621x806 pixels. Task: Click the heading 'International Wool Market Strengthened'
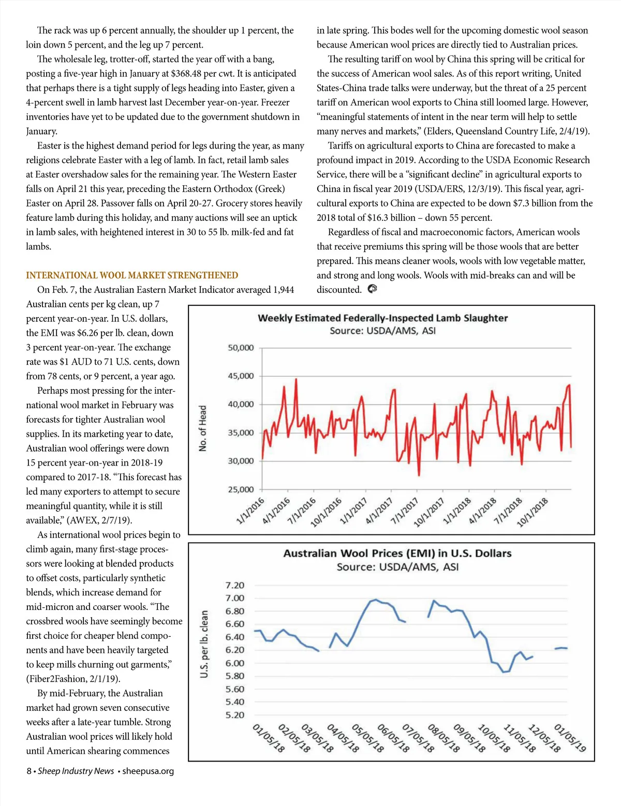tap(132, 275)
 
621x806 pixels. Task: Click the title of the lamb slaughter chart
tap(382, 318)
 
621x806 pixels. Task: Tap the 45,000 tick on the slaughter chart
tap(241, 376)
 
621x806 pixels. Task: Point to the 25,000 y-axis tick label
tap(241, 489)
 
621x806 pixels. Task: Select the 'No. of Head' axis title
tap(203, 428)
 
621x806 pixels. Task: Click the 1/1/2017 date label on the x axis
tap(354, 511)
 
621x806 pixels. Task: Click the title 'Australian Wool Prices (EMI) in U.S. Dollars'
tap(397, 553)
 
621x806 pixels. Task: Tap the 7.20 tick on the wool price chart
tap(235, 585)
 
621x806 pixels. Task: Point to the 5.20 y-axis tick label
tap(235, 715)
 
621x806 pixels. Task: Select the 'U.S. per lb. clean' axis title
tap(204, 644)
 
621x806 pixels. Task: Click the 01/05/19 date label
tap(570, 738)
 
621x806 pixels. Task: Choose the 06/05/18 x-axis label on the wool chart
tap(393, 738)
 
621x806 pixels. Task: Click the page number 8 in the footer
tap(29, 771)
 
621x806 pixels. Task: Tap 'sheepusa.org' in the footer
tap(148, 771)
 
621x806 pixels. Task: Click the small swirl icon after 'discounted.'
tap(372, 289)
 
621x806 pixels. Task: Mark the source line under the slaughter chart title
tap(382, 331)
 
